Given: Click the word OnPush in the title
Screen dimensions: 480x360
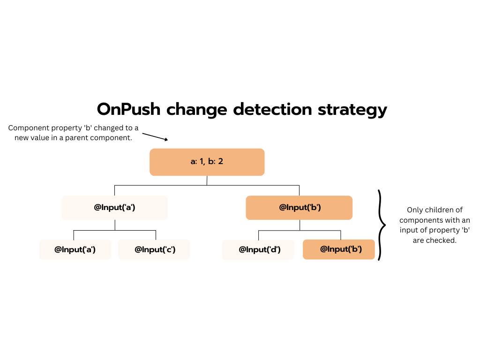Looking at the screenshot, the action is (128, 109).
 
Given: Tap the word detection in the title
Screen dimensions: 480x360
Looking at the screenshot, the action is (272, 109).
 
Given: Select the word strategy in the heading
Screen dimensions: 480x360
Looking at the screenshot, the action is (352, 110).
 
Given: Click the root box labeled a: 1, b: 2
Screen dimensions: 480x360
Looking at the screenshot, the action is (207, 162).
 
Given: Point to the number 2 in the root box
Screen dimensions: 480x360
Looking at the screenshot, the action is (220, 161).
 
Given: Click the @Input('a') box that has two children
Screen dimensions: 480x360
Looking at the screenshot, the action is (114, 208).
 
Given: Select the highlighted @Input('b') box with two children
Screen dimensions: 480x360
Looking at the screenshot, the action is (299, 208).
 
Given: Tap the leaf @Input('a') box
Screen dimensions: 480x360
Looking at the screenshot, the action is (75, 249).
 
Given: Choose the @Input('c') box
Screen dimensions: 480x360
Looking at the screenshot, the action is (154, 249).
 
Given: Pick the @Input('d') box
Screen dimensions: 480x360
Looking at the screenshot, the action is (258, 249).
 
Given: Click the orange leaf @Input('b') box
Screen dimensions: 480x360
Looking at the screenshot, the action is (339, 249).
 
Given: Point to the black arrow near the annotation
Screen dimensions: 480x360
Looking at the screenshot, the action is (155, 137).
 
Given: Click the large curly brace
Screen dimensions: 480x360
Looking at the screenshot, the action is (382, 225).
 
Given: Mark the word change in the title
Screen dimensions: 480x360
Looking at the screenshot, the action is (196, 110).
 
